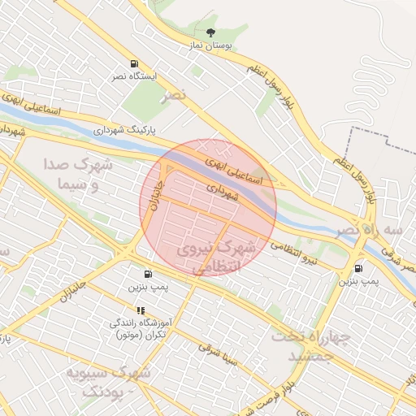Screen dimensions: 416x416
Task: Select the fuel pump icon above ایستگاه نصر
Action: (133, 63)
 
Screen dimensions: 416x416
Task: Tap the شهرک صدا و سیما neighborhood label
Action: (80, 175)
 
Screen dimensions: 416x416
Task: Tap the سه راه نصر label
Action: (383, 230)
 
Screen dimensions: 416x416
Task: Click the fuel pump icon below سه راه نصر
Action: (358, 269)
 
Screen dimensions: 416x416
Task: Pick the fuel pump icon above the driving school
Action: (148, 274)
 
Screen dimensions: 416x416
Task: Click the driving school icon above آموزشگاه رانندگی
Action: (141, 310)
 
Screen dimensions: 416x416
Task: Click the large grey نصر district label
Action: (172, 96)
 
